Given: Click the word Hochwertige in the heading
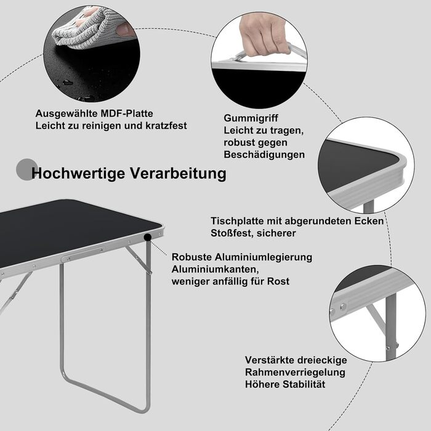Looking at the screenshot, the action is pyautogui.click(x=78, y=174).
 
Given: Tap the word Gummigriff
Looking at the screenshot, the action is pyautogui.click(x=251, y=118).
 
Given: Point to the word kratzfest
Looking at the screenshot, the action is pyautogui.click(x=166, y=126).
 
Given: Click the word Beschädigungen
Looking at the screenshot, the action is pyautogui.click(x=264, y=155).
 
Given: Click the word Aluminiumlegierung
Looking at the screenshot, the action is pyautogui.click(x=263, y=257).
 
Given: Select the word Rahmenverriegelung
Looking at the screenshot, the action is pyautogui.click(x=295, y=372).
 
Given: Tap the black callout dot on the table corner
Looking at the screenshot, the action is pyautogui.click(x=148, y=237).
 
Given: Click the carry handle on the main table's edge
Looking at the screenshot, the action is pyautogui.click(x=83, y=254).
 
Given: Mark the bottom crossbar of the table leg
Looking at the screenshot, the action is pyautogui.click(x=106, y=395).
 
